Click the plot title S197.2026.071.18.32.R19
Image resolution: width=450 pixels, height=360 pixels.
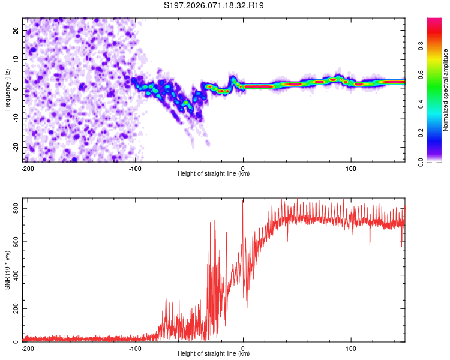[x=214, y=6]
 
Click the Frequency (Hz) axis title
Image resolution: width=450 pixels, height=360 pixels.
[x=8, y=89]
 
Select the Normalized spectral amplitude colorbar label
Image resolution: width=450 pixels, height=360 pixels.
[x=446, y=89]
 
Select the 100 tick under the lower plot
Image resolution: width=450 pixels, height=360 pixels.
[x=350, y=349]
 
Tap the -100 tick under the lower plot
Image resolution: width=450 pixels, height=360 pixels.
[x=135, y=349]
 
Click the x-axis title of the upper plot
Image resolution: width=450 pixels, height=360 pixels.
[x=214, y=174]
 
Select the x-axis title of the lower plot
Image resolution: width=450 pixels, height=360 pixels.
[x=214, y=354]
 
